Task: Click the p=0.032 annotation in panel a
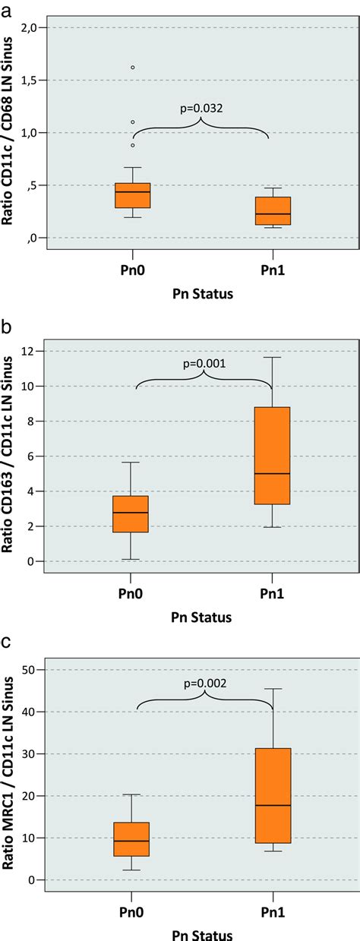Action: coord(202,109)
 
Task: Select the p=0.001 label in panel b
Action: coord(204,364)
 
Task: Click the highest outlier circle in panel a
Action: coord(133,68)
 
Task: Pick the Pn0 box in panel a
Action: coord(133,195)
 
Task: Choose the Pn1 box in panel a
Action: coord(273,210)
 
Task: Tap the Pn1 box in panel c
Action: coord(273,795)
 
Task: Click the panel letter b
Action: coord(7,327)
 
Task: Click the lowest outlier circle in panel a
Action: coord(133,145)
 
